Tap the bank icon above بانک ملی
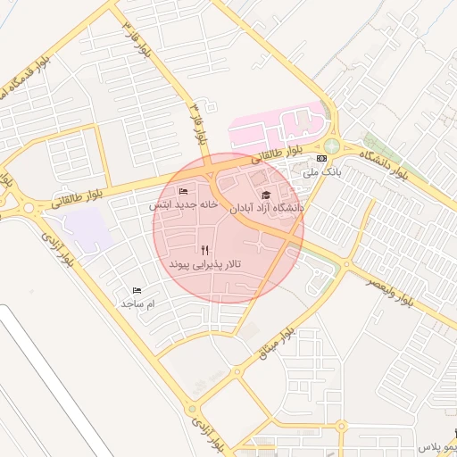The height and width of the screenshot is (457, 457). click(321, 158)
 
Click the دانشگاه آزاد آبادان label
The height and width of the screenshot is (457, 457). click(268, 208)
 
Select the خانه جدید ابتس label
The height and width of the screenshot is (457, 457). click(184, 204)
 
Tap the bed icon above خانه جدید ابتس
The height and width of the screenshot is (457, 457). click(184, 191)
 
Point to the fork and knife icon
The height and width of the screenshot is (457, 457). click(206, 250)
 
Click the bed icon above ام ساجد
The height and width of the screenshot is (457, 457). click(137, 290)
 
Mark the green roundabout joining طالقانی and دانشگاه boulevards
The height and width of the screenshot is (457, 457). click(332, 145)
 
